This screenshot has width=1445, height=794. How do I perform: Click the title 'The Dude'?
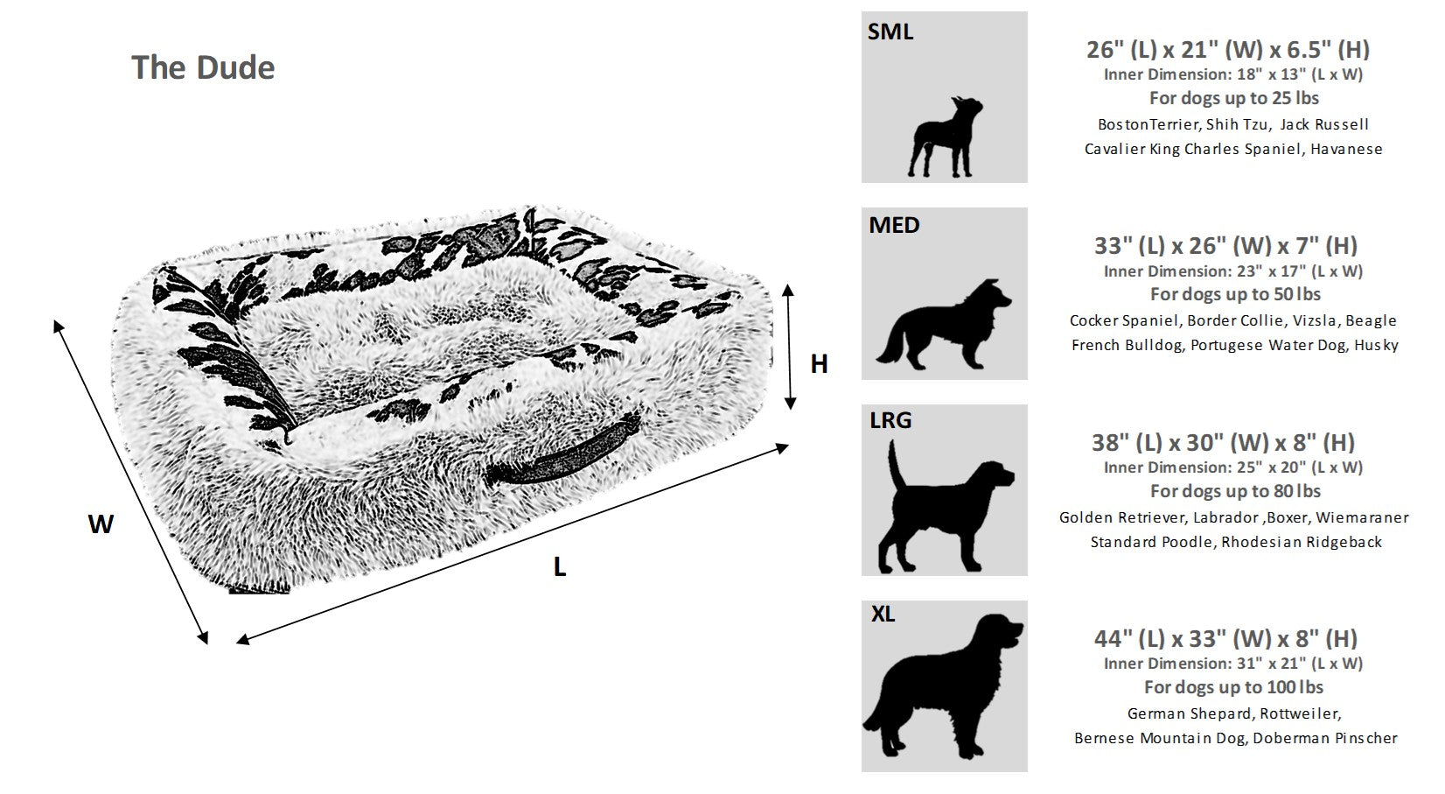(203, 67)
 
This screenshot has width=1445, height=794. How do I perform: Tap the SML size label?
(890, 32)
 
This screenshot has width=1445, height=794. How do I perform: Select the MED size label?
(893, 225)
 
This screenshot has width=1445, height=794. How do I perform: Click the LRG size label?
(890, 420)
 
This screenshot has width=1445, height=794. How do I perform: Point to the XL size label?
(883, 615)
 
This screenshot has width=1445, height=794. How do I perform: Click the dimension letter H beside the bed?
(819, 364)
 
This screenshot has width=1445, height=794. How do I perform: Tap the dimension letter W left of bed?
(101, 524)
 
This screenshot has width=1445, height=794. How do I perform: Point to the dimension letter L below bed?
(560, 567)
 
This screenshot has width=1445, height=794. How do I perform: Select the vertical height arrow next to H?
(790, 346)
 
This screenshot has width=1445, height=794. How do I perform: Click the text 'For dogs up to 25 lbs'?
(1233, 98)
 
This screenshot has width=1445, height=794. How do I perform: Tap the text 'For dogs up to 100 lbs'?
(1233, 687)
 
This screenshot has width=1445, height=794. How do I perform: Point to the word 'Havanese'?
(1346, 149)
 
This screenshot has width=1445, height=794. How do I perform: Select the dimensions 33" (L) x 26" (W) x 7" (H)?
(1225, 245)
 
